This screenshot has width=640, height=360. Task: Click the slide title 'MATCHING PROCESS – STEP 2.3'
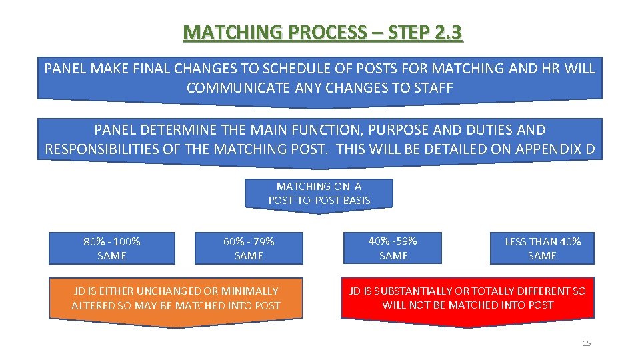point(323,32)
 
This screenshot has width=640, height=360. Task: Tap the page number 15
point(587,343)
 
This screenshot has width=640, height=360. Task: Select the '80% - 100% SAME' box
point(112,248)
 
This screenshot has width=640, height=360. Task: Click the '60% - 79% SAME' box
point(249,248)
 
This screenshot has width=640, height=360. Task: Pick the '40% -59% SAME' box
point(393,247)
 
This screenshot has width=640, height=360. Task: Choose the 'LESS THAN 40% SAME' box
point(542,248)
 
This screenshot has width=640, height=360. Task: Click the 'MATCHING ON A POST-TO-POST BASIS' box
point(319,193)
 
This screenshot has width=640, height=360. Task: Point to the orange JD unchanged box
point(176,299)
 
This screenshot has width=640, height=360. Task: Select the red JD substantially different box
point(467,298)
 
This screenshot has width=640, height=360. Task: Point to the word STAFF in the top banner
point(431,88)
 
